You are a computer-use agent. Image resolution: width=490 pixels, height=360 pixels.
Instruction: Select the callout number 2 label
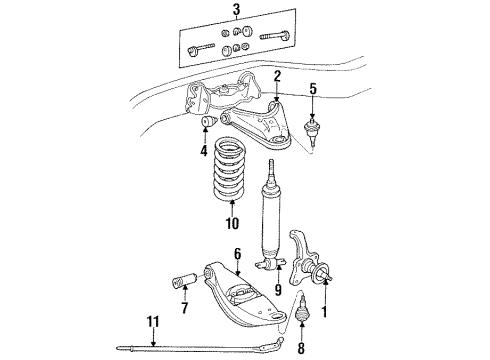click(278, 74)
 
